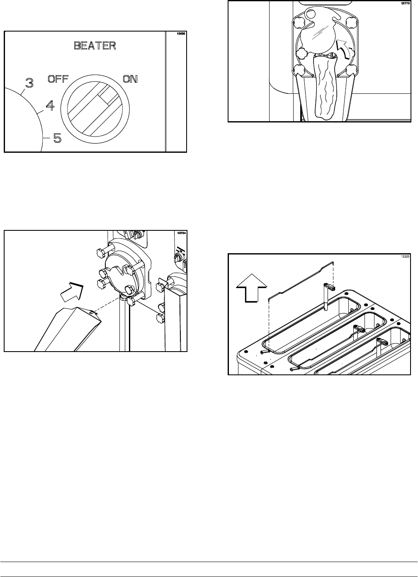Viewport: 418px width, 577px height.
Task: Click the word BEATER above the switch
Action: coord(95,46)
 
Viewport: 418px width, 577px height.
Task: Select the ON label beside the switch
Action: coord(130,79)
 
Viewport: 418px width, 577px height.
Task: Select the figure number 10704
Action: coord(181,234)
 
